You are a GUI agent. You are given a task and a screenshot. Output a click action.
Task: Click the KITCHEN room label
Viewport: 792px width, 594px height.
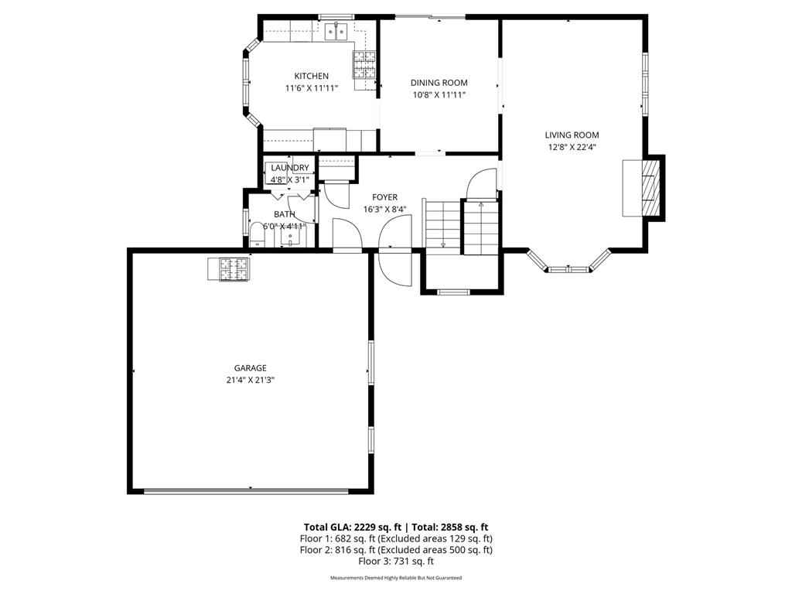(311, 76)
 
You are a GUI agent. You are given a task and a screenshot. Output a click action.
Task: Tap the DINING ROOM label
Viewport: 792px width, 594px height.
(439, 83)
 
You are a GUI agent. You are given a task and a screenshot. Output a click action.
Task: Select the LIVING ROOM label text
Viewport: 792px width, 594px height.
(572, 135)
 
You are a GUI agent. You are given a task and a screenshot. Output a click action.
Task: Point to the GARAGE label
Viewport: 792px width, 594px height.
(250, 368)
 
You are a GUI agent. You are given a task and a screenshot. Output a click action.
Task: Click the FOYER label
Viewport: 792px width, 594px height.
(384, 197)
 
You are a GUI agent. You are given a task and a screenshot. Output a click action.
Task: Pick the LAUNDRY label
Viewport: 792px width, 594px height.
(289, 168)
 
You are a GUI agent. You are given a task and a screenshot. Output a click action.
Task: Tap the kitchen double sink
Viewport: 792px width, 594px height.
(336, 31)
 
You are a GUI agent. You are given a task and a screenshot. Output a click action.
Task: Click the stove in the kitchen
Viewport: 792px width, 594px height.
(364, 64)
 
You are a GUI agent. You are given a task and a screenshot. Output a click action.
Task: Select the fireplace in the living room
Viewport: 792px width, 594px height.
(650, 188)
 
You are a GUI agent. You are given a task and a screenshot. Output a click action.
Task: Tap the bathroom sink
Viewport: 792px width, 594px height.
(291, 237)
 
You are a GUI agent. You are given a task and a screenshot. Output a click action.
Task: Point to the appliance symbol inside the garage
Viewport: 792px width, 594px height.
(228, 268)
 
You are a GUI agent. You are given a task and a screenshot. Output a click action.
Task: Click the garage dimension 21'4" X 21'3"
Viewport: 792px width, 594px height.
(250, 380)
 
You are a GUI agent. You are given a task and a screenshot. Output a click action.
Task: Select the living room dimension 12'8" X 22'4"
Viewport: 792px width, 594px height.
(572, 146)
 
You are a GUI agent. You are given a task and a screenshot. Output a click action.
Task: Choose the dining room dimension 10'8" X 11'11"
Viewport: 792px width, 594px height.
(439, 94)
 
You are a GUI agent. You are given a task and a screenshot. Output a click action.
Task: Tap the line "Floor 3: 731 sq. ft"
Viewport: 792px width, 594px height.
(396, 562)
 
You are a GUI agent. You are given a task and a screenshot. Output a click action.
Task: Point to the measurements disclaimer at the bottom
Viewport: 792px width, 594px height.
(396, 578)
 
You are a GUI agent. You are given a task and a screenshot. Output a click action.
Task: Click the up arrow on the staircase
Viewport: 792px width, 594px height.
(481, 206)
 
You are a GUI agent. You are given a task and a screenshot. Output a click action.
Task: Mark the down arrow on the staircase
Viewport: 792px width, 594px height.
(443, 244)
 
